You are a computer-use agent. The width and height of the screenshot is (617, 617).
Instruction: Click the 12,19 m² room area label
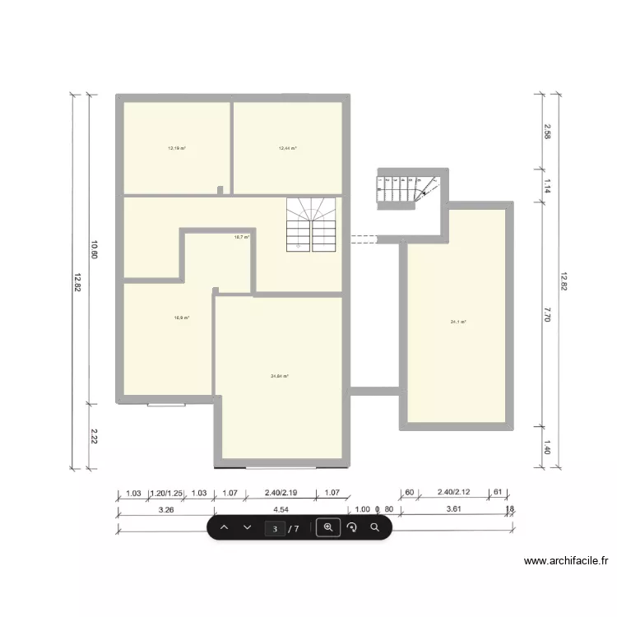coord(177,149)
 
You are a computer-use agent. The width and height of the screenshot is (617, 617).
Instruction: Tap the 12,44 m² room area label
coord(287,149)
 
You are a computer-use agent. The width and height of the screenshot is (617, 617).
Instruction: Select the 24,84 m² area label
coord(280,376)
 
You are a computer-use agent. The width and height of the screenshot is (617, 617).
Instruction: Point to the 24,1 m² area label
coord(458,322)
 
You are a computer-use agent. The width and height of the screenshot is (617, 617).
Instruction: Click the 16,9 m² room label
coord(182,318)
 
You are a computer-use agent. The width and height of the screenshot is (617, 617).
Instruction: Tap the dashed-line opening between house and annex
coord(363,239)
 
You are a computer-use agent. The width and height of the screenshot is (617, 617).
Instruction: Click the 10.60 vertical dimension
coord(95,249)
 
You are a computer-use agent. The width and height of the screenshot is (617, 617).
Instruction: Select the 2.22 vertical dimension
coord(95,436)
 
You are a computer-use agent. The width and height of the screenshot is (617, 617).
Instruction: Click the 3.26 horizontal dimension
coord(165,509)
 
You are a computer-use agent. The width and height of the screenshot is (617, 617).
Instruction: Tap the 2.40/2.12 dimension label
coord(454,494)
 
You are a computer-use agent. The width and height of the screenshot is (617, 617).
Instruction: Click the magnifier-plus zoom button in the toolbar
coord(328,527)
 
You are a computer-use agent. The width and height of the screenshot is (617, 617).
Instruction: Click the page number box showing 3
coord(276,528)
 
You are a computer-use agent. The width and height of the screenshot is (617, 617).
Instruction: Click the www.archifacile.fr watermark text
coord(566,562)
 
